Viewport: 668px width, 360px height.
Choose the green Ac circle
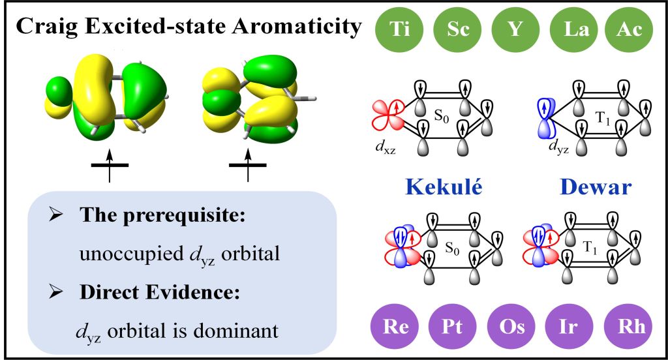pyautogui.click(x=628, y=29)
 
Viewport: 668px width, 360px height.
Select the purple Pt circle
pyautogui.click(x=451, y=325)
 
